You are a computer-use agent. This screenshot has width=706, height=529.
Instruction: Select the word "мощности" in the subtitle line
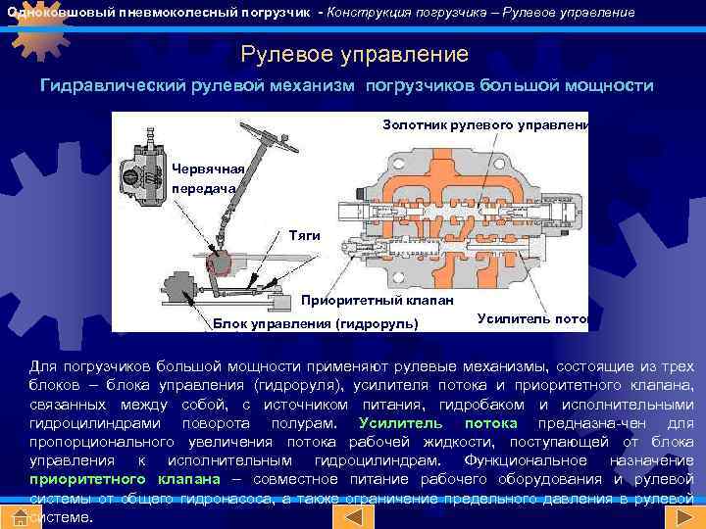click(609, 85)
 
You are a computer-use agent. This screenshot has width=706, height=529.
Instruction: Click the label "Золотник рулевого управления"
click(484, 124)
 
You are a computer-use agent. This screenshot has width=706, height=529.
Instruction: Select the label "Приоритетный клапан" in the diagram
click(377, 300)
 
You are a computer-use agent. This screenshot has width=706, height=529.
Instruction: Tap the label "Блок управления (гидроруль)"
click(315, 322)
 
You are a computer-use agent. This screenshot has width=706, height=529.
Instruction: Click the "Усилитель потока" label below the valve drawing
click(530, 317)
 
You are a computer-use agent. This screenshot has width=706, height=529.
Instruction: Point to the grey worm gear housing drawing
click(144, 175)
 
